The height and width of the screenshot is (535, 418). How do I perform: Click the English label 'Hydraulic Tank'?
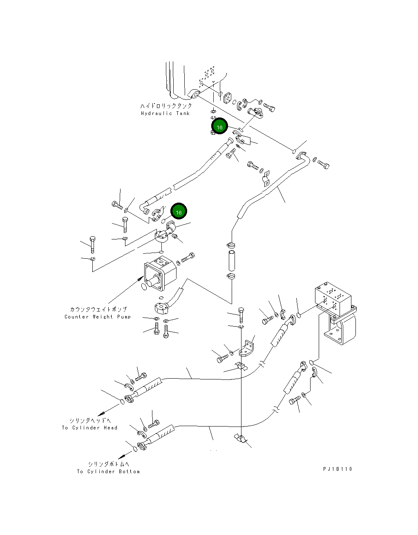pyautogui.click(x=165, y=113)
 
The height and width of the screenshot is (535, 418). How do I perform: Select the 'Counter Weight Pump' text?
pyautogui.click(x=98, y=317)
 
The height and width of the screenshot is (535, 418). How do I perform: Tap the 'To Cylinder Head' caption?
pyautogui.click(x=89, y=428)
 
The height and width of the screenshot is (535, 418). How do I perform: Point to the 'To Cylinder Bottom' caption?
pyautogui.click(x=108, y=472)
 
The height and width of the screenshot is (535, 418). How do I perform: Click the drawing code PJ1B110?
pyautogui.click(x=337, y=469)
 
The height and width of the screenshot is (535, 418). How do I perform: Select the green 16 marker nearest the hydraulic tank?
pyautogui.click(x=219, y=127)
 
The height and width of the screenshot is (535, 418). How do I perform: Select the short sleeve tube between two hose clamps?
pyautogui.click(x=231, y=262)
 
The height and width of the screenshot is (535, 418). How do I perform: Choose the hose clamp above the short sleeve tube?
pyautogui.click(x=231, y=246)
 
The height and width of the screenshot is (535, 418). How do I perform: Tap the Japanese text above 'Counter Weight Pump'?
pyautogui.click(x=98, y=309)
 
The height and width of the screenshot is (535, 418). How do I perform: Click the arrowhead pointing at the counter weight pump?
pyautogui.click(x=141, y=279)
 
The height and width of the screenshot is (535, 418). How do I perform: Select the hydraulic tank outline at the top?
pyautogui.click(x=196, y=82)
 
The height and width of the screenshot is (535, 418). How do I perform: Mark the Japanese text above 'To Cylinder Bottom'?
pyautogui.click(x=108, y=464)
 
